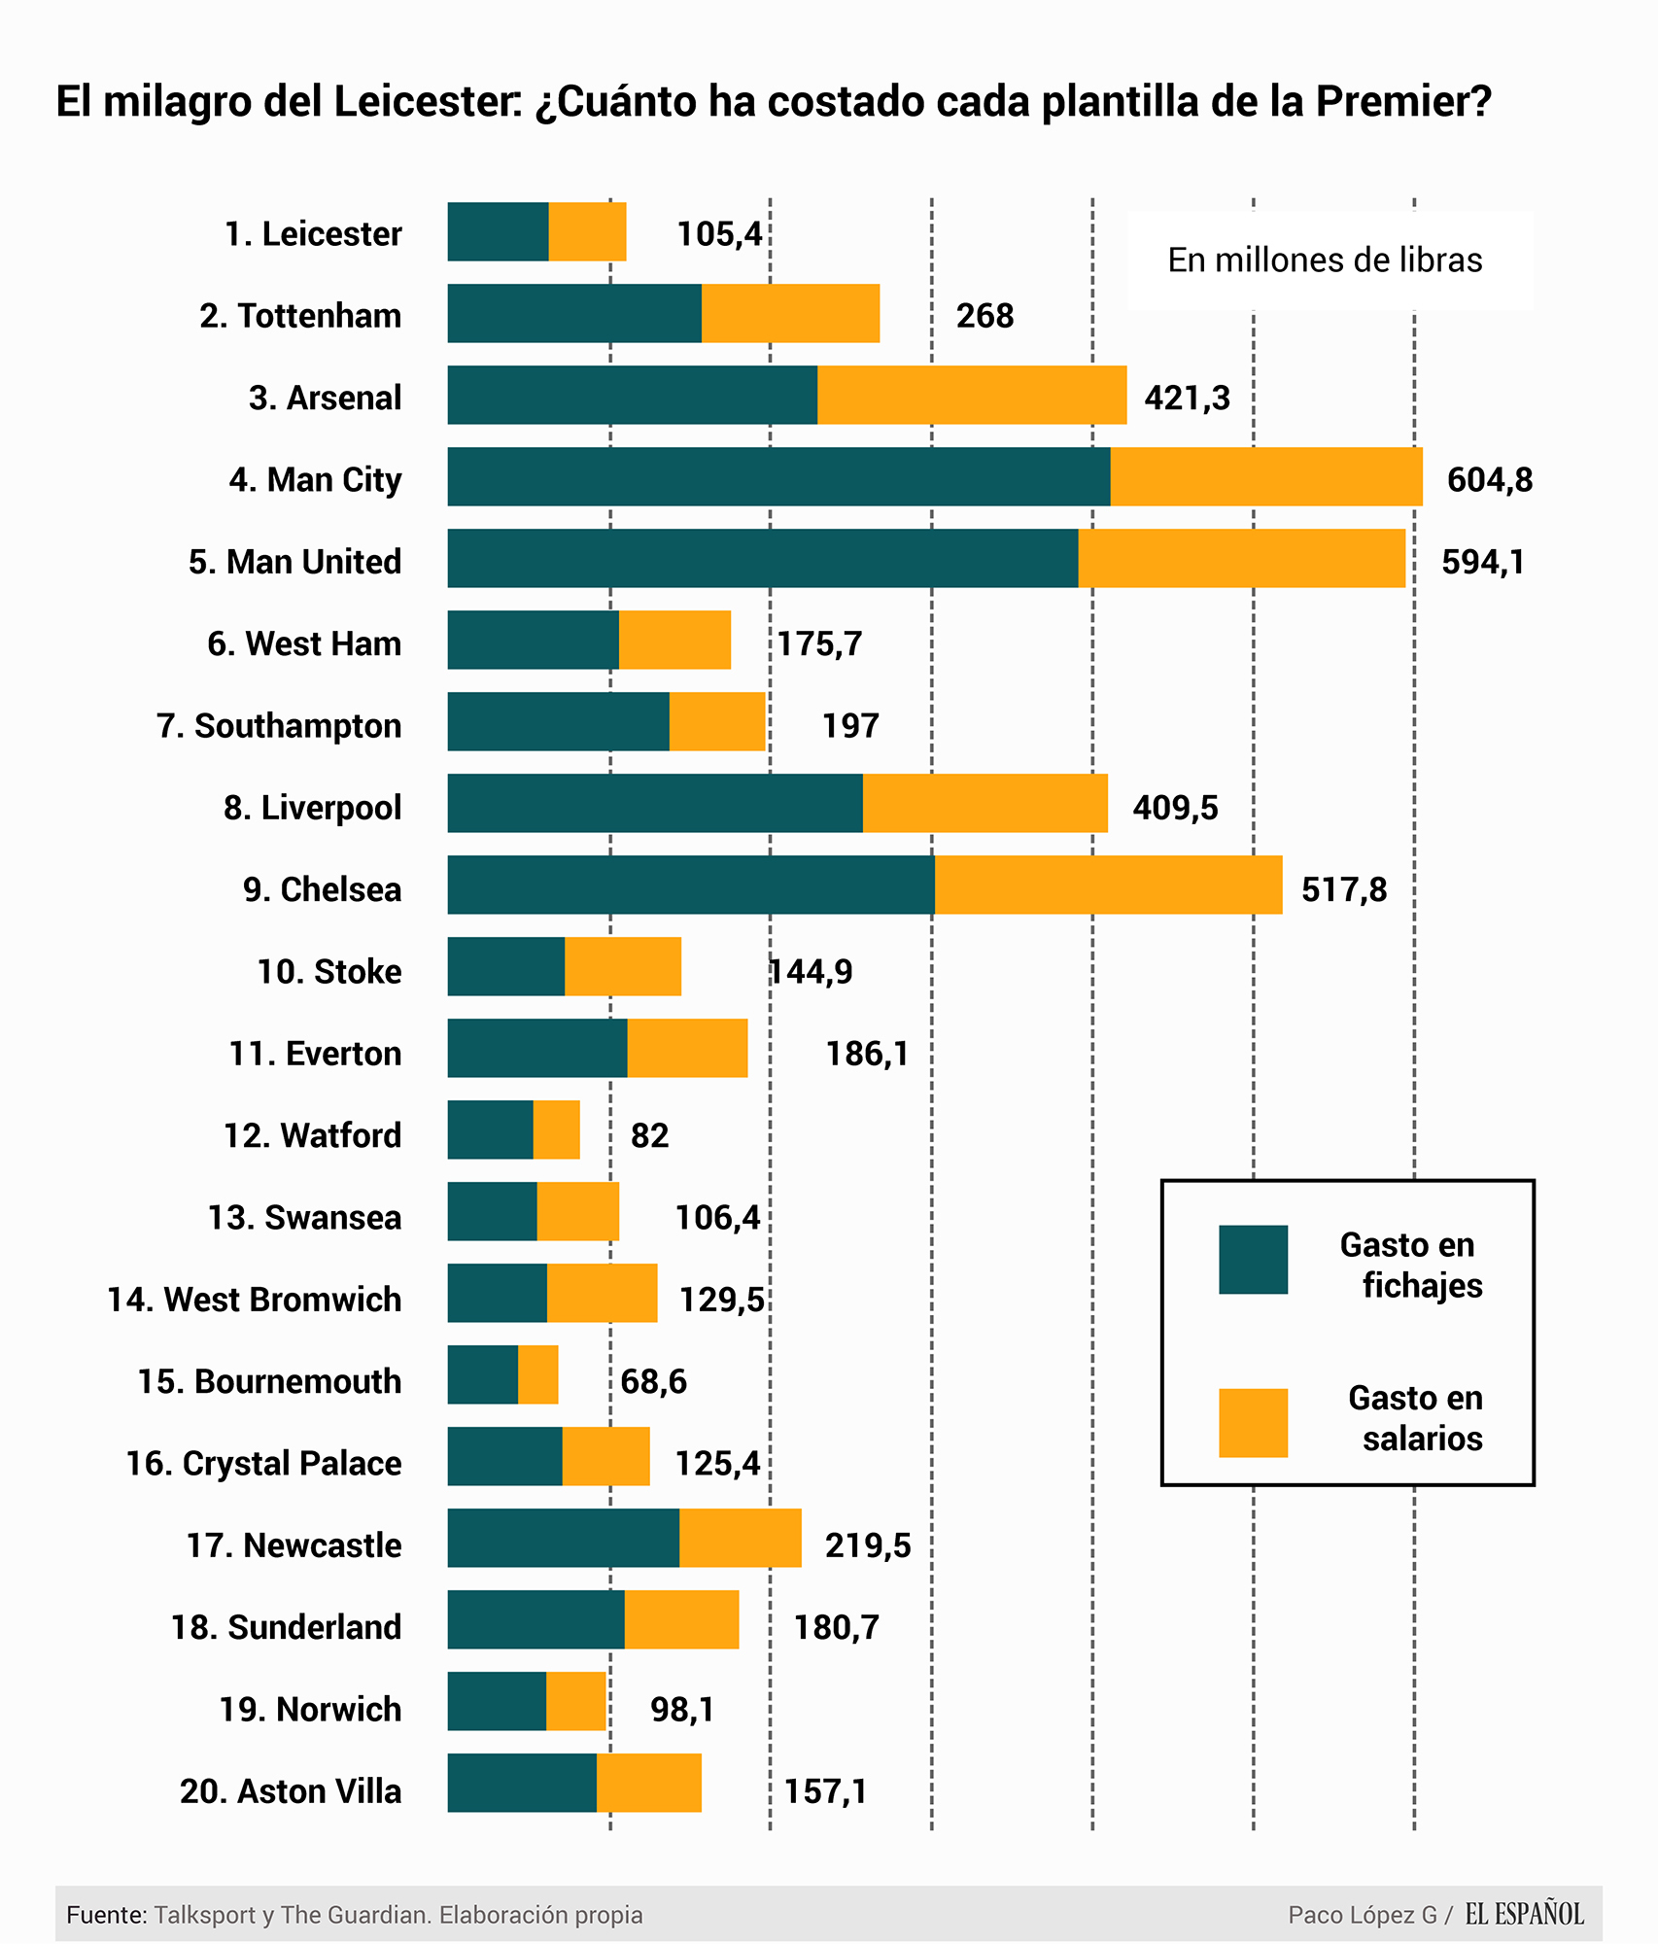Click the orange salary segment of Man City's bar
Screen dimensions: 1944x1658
1266,476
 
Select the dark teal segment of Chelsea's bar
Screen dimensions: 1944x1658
691,885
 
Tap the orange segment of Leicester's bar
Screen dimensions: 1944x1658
587,231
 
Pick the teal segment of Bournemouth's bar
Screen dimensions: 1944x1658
483,1374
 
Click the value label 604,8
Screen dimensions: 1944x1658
1489,479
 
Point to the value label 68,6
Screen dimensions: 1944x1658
653,1381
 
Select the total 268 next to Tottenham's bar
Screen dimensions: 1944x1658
984,316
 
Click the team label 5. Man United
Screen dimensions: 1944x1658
294,562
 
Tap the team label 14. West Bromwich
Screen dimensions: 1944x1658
254,1300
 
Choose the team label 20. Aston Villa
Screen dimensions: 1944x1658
290,1790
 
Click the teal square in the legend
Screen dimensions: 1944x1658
1253,1260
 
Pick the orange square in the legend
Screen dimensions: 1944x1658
1253,1423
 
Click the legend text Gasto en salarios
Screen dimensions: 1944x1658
1416,1418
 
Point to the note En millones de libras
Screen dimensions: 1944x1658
1325,260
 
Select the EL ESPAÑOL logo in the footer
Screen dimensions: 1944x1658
1524,1915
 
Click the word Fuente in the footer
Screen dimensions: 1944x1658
106,1915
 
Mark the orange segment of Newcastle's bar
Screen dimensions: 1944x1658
741,1538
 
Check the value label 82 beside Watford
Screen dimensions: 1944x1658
649,1135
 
